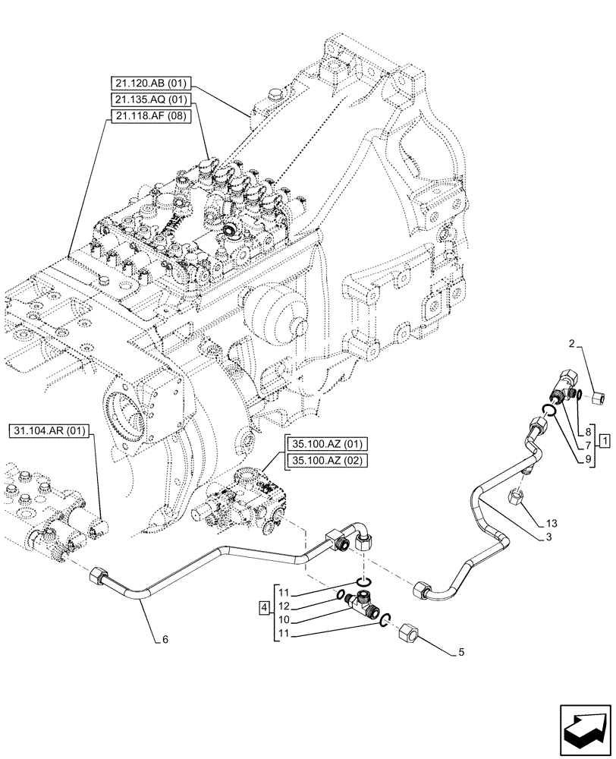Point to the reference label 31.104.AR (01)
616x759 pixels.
pos(49,432)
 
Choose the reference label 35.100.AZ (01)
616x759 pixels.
pos(325,444)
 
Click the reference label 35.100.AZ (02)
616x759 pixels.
pos(325,460)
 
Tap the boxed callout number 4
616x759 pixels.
pos(263,607)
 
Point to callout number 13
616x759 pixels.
pos(550,524)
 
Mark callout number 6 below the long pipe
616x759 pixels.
pos(163,639)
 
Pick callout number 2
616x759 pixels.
pos(570,345)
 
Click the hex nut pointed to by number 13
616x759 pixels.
pos(515,497)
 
